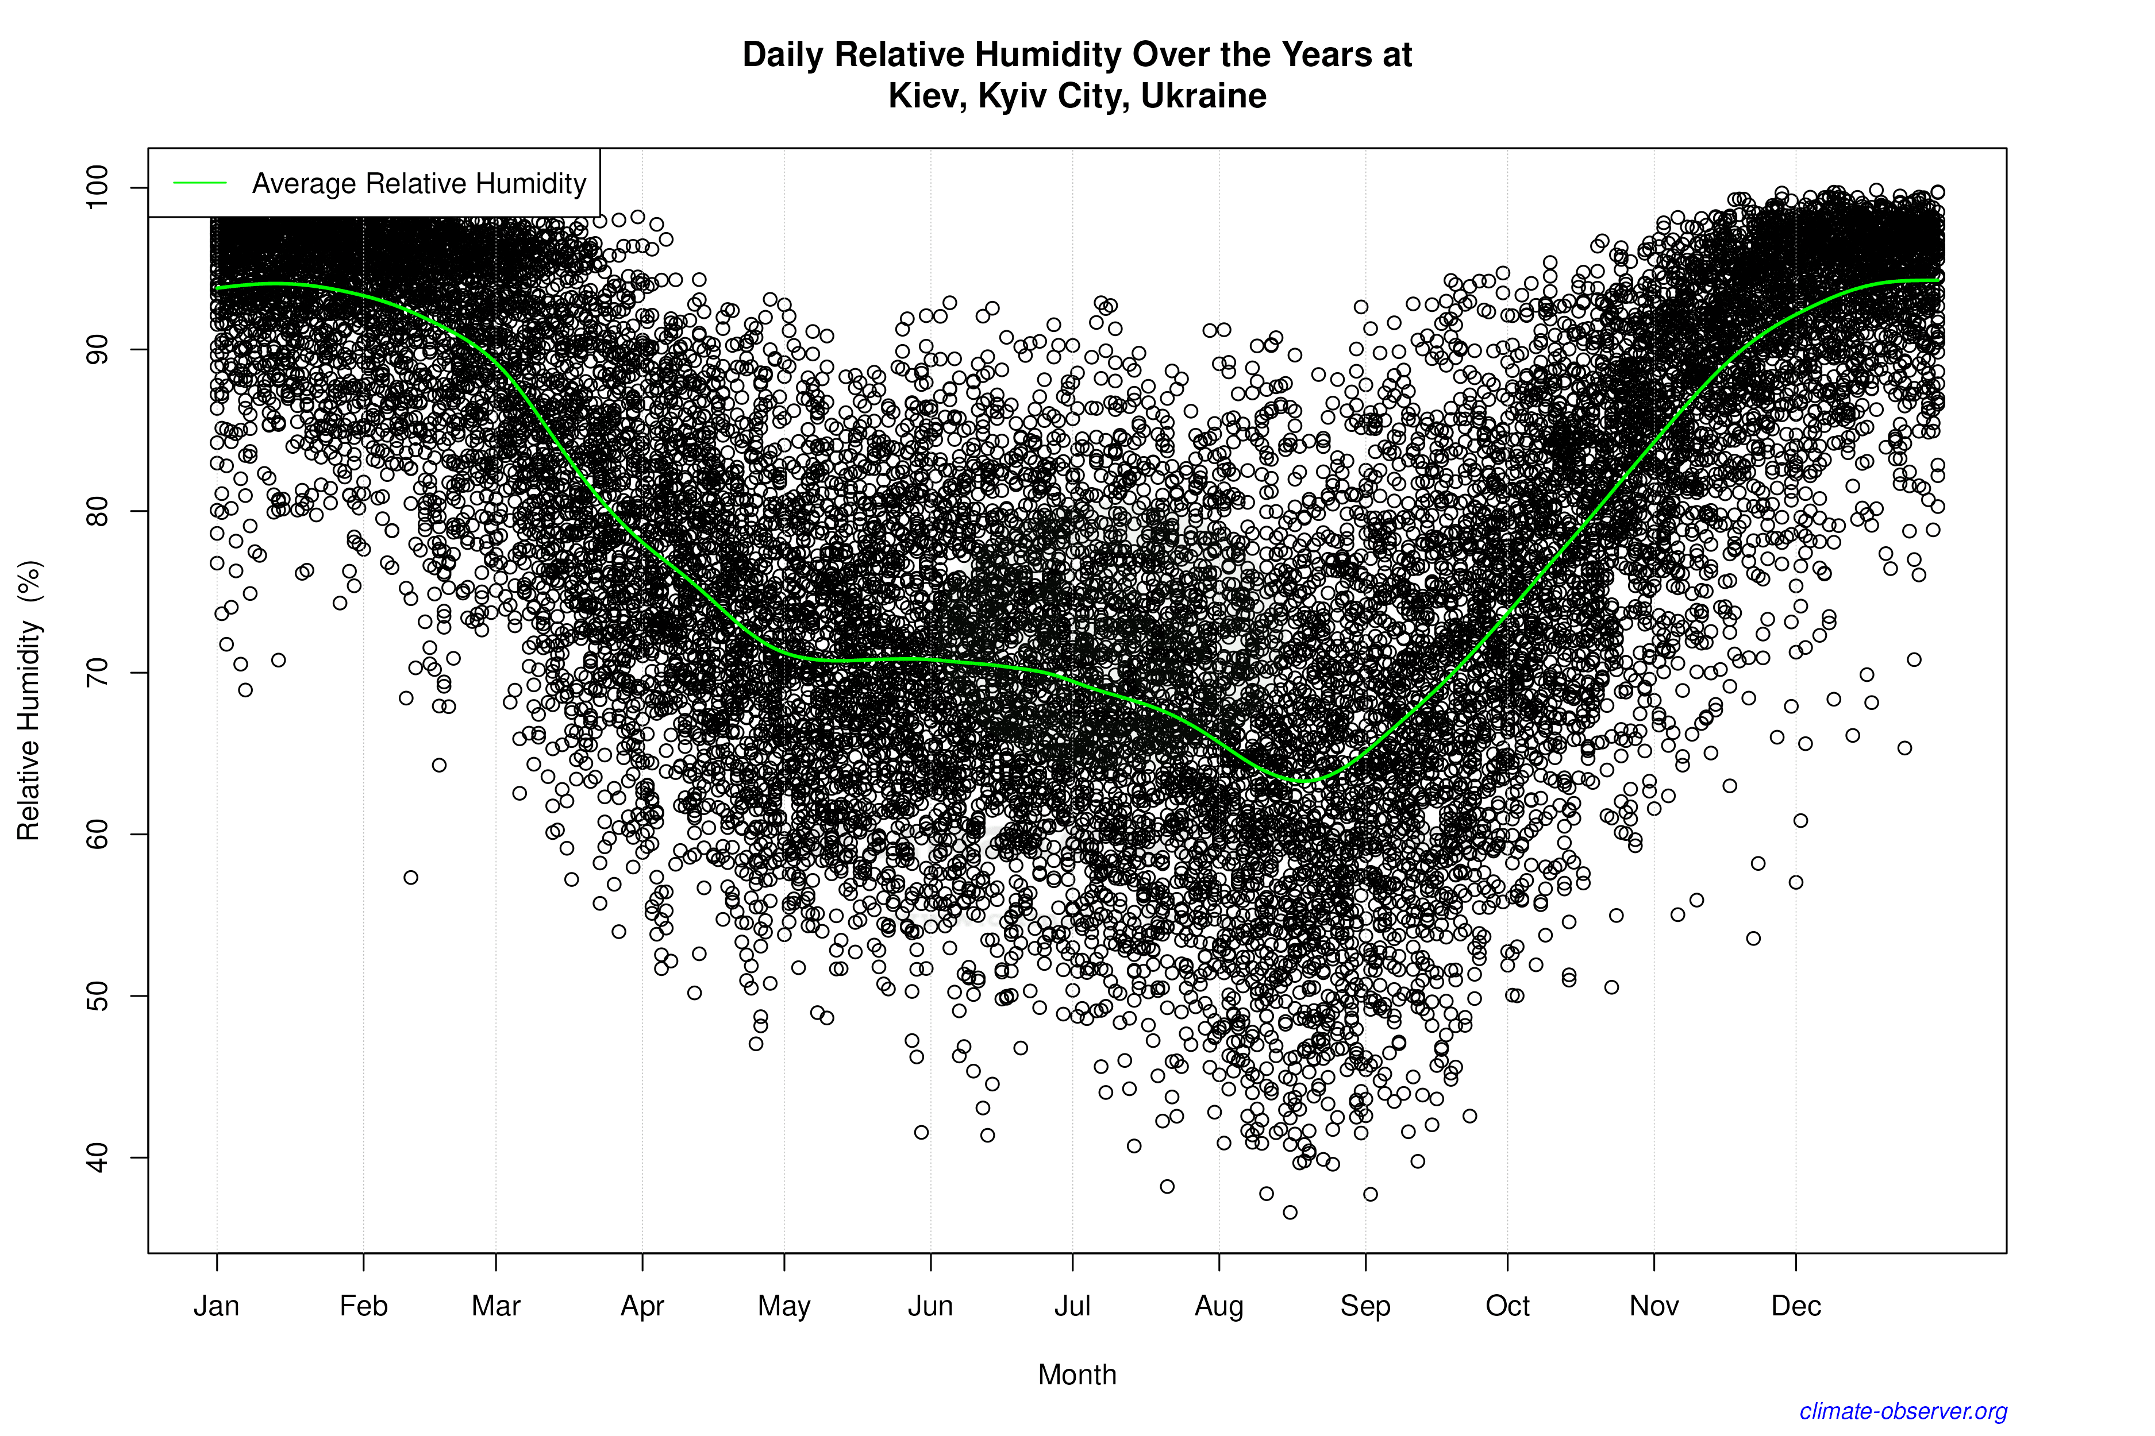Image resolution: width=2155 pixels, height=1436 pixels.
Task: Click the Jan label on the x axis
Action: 216,1306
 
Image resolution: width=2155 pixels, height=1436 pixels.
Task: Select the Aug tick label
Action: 1219,1306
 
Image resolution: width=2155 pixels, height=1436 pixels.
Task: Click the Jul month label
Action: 1072,1306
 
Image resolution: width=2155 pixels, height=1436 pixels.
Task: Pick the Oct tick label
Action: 1507,1306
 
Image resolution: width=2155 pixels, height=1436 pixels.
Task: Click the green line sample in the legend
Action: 200,183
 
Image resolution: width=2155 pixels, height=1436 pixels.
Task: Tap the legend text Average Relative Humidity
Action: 419,183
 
